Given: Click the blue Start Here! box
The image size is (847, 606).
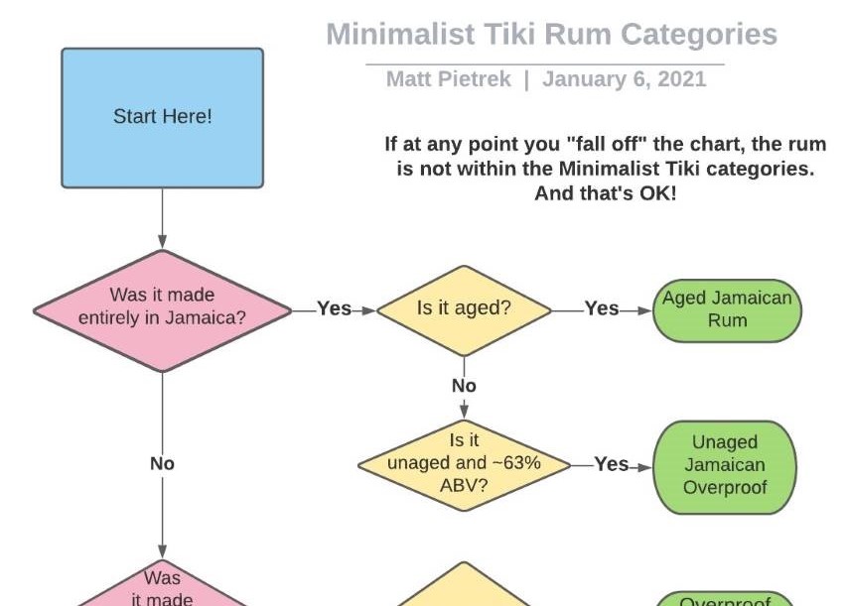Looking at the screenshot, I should coord(162,117).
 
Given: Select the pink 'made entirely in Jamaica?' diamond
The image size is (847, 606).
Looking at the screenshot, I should coord(162,308).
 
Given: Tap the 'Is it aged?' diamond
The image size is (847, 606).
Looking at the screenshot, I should coord(464,308).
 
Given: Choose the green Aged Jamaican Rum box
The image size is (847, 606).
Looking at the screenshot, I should coord(727,309).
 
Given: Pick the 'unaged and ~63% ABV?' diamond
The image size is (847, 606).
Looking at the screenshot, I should coord(464,462).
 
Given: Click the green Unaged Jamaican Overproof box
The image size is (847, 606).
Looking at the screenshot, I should coord(726,465).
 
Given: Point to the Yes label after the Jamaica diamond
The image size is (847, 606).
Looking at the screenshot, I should coord(335,308).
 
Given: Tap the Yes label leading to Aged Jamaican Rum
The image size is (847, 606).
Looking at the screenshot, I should coord(602,308).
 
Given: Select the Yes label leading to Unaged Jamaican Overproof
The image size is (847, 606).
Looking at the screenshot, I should coord(612,463).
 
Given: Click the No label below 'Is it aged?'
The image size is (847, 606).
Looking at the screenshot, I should coord(464,385).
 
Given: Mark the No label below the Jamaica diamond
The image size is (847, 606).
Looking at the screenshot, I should coord(162,462).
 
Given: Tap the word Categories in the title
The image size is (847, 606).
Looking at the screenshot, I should coord(699,36).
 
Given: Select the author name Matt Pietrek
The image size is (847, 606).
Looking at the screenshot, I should coord(448,79).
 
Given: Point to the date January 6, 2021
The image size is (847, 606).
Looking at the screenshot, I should coord(625,79).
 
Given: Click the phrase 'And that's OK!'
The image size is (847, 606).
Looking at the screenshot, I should coord(605,193).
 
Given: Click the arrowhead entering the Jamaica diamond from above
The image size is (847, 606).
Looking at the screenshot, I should coord(162,242).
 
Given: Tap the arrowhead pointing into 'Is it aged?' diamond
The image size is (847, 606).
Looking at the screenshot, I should coord(369,309).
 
